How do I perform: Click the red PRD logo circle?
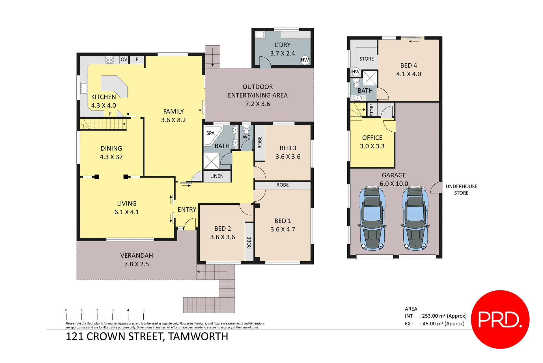(x=500, y=319)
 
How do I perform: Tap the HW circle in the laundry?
(x=305, y=60)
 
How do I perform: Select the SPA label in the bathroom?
(x=210, y=133)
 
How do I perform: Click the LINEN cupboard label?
(x=217, y=176)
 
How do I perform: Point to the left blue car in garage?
(x=372, y=218)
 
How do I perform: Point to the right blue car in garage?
(x=415, y=218)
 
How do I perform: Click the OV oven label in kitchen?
(x=124, y=59)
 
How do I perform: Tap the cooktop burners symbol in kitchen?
(x=109, y=60)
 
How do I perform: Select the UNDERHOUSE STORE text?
(x=461, y=190)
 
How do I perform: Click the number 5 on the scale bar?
(x=143, y=310)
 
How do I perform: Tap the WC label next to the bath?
(x=246, y=137)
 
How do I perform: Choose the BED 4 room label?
(x=409, y=65)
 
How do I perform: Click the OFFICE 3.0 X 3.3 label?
(x=372, y=142)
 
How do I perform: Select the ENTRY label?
(x=187, y=210)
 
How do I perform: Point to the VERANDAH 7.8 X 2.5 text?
(x=137, y=260)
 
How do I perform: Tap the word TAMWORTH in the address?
(x=198, y=337)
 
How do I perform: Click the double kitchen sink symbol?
(x=84, y=88)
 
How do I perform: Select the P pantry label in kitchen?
(x=137, y=59)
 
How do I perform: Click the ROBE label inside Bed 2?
(x=249, y=243)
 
